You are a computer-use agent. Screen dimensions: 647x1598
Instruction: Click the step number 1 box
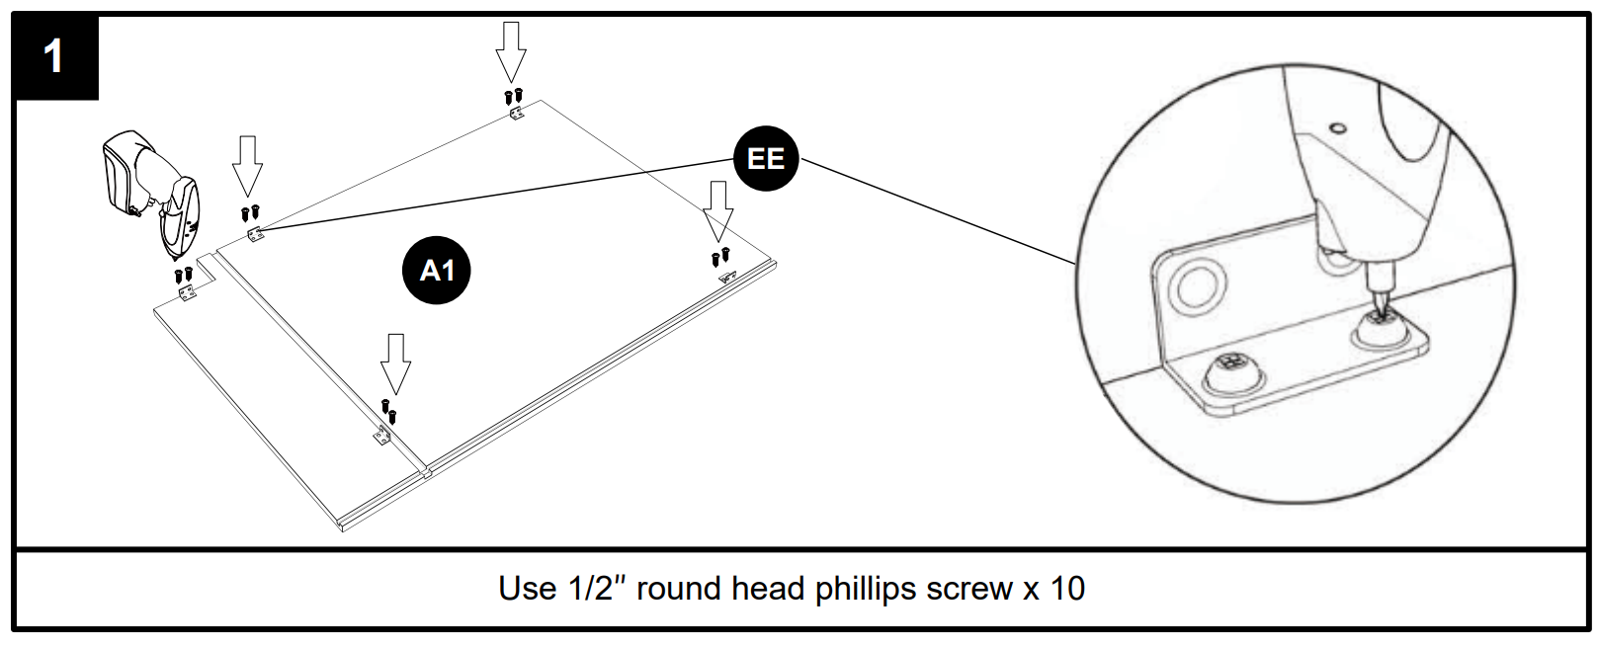click(x=55, y=57)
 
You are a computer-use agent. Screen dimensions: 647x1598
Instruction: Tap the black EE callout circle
click(x=766, y=159)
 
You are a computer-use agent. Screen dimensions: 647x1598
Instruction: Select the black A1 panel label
click(x=436, y=270)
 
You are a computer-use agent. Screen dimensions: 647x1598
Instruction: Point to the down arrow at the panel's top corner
click(x=510, y=51)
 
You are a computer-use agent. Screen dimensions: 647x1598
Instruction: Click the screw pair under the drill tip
click(x=183, y=274)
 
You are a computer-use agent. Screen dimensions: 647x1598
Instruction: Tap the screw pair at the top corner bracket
click(x=513, y=96)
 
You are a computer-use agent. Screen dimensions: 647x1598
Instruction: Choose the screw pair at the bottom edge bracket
click(x=388, y=408)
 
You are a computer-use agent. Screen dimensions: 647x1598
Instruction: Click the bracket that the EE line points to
click(x=255, y=235)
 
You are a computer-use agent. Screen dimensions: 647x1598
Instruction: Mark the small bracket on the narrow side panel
click(x=187, y=293)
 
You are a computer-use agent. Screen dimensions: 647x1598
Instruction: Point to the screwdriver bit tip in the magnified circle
click(x=1379, y=309)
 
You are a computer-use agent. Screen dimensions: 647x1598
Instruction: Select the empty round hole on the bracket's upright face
click(x=1197, y=287)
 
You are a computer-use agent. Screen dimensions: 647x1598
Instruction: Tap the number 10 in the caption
click(x=1067, y=589)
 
